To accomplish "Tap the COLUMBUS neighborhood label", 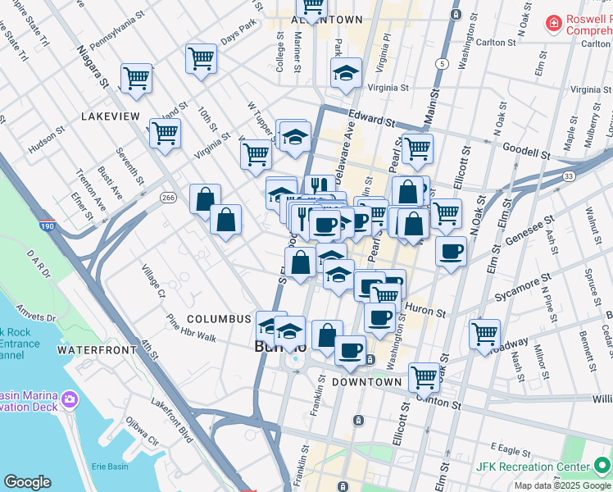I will coord(218,318).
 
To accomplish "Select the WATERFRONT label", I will coord(96,350).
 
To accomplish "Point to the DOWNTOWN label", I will coord(367,382).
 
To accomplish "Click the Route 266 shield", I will coord(169,198).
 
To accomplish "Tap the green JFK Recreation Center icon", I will coord(601,467).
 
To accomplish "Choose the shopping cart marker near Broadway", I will coord(484,333).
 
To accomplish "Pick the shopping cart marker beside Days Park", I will coord(201,58).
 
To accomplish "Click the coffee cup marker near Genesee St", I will coord(450,252).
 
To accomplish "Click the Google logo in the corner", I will coord(28,482).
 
